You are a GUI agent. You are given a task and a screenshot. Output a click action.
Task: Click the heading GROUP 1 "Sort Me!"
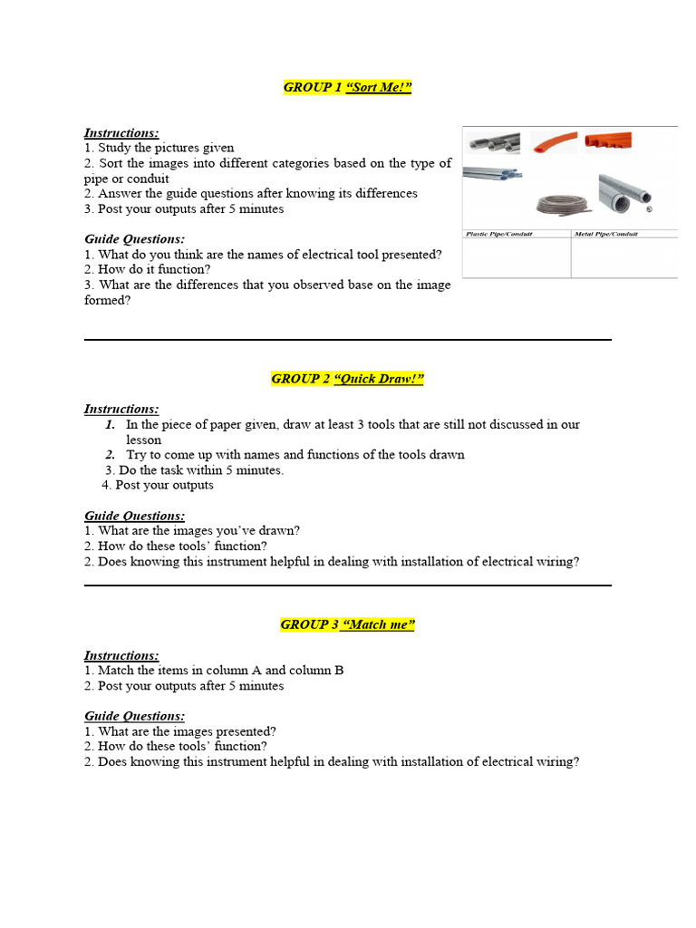click(348, 87)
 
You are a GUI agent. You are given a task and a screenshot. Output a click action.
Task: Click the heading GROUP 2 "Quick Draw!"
click(347, 379)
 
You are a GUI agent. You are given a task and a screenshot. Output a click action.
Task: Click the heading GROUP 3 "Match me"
click(347, 624)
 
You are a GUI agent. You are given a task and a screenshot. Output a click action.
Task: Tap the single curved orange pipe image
click(553, 143)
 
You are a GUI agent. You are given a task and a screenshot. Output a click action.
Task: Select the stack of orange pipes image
click(607, 141)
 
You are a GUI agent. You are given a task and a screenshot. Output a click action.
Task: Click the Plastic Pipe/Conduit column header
click(498, 234)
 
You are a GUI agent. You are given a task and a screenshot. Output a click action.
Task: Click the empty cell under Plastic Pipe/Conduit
click(516, 257)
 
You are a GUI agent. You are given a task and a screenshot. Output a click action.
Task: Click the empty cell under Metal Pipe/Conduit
click(623, 257)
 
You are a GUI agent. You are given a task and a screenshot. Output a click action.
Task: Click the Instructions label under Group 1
click(121, 132)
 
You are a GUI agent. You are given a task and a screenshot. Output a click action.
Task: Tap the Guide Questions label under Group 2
click(134, 516)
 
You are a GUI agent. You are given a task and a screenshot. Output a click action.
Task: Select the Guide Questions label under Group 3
click(134, 716)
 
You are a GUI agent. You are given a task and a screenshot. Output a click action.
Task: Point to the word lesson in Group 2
click(143, 440)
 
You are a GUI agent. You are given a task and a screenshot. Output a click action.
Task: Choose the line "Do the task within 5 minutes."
click(194, 470)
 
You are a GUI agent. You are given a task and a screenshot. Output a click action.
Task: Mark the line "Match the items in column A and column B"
click(214, 671)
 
